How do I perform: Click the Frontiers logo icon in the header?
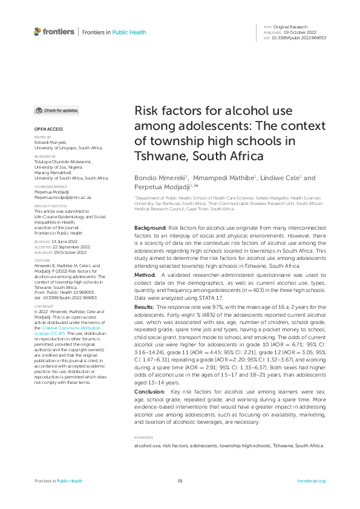point(38,31)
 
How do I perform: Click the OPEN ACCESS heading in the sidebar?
point(48,129)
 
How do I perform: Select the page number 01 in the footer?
point(180,481)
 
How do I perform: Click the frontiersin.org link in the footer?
point(312,481)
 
